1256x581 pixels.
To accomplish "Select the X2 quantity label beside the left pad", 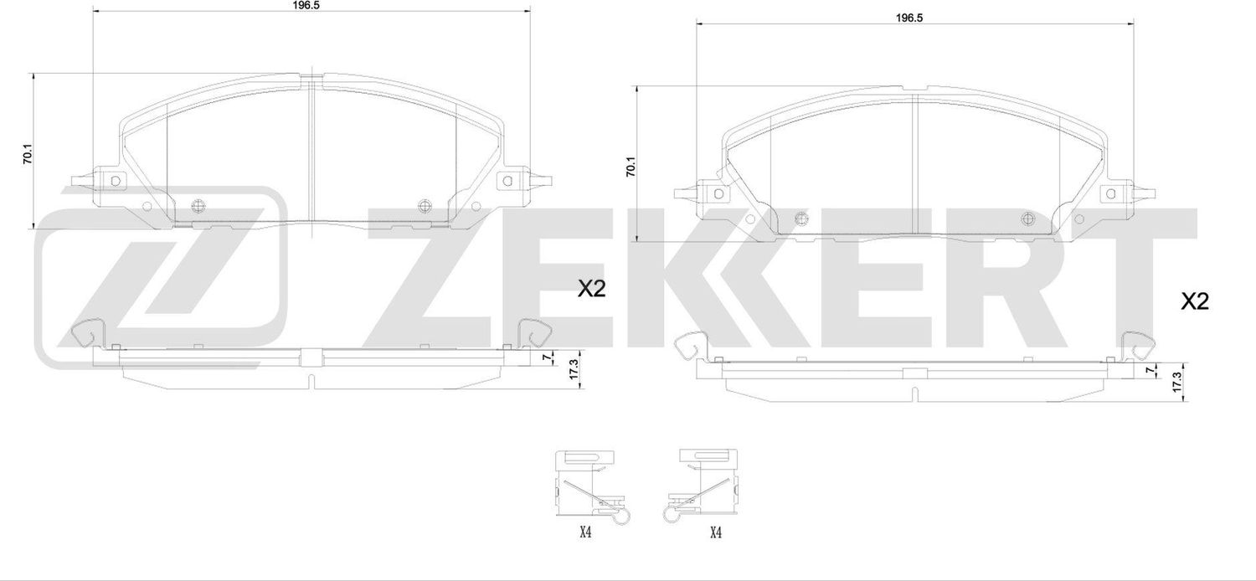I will tap(591, 289).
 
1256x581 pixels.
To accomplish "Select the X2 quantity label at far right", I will tap(1195, 301).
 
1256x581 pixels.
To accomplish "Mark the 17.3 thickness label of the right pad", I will tap(1176, 380).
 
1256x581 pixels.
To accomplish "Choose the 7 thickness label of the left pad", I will tap(545, 357).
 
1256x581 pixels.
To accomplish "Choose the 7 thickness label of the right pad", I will tap(1150, 369).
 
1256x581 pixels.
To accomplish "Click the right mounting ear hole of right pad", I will tap(1111, 193).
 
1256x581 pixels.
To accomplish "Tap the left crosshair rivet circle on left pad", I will tap(198, 207).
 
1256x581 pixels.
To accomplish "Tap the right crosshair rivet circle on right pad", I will tap(1029, 219).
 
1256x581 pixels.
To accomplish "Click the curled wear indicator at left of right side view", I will tap(688, 346).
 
